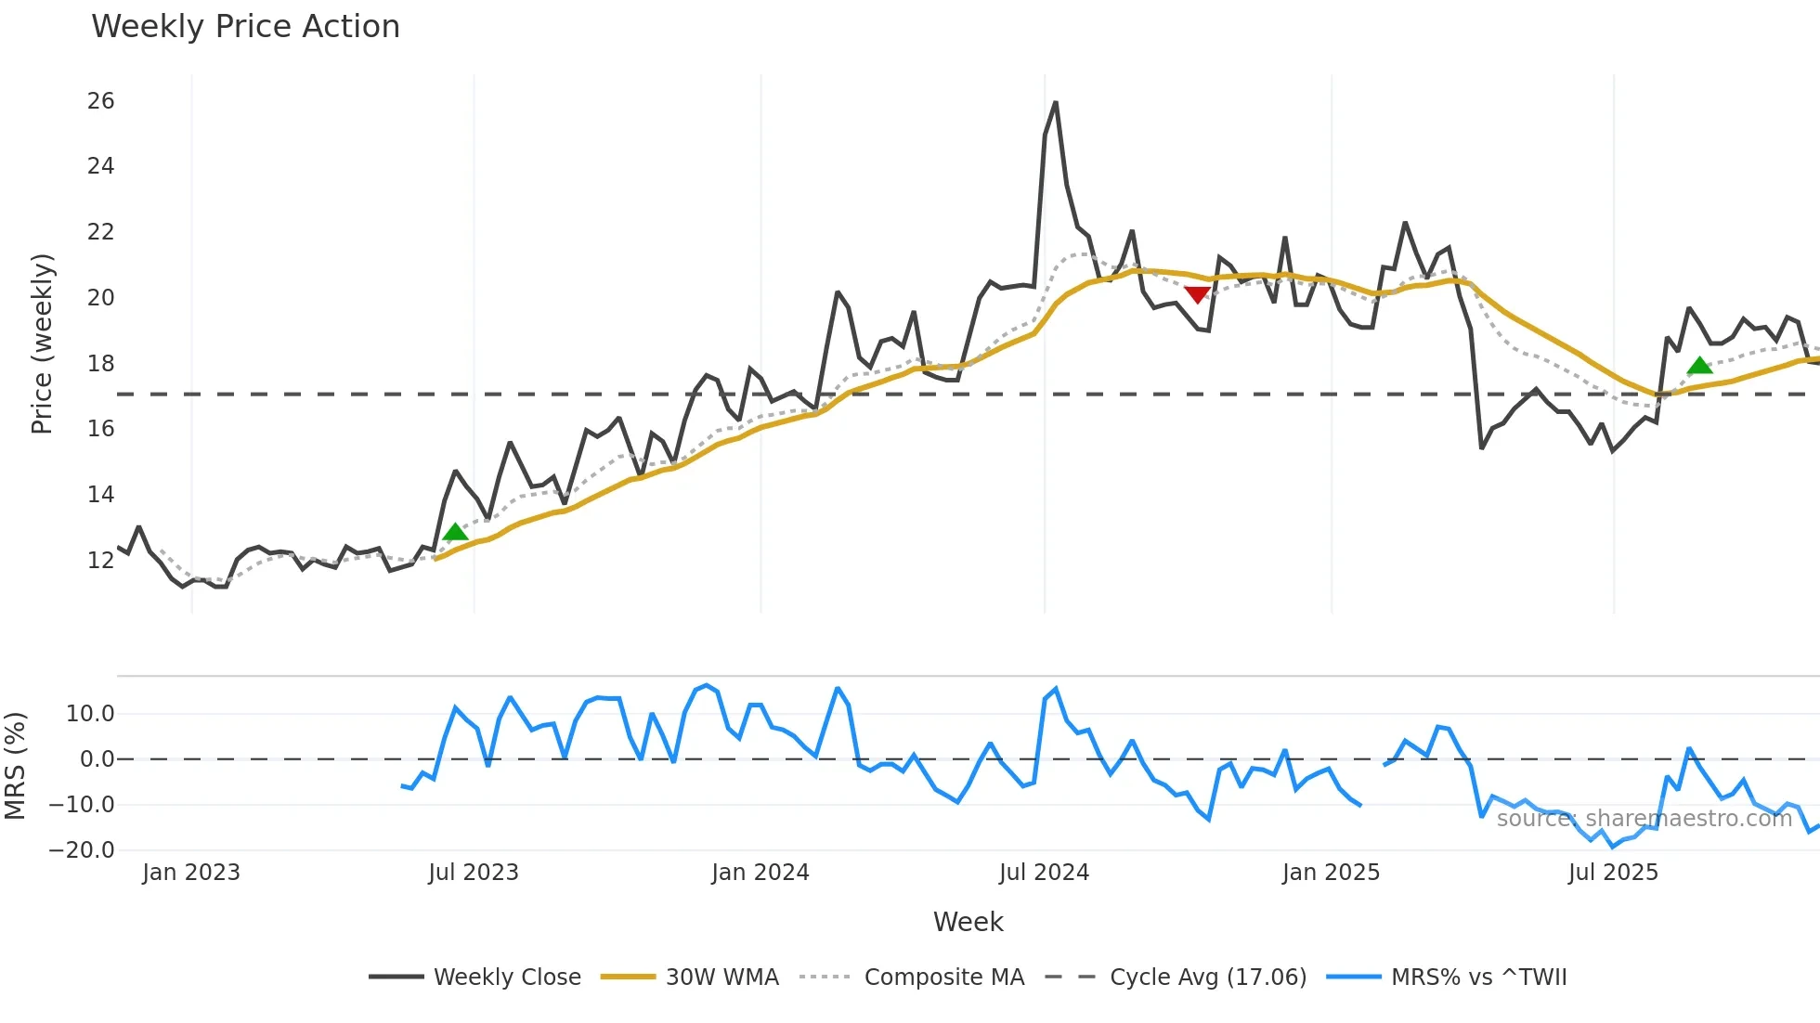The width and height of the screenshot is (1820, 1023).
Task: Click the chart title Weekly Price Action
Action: (245, 27)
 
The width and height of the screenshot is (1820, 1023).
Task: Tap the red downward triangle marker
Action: (1197, 294)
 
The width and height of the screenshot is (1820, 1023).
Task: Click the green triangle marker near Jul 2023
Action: (455, 532)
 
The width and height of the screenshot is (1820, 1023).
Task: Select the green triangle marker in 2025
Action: (1699, 366)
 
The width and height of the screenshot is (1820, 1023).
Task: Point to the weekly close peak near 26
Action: (1055, 103)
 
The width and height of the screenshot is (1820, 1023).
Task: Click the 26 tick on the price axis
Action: (100, 101)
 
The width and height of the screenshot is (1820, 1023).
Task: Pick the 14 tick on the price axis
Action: (100, 495)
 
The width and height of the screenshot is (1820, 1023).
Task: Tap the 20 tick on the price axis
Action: (100, 298)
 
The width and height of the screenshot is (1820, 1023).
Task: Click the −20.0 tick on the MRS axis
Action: (82, 850)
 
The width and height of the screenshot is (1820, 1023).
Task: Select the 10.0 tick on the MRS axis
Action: (89, 714)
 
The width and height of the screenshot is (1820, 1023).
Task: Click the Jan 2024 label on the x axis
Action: (760, 873)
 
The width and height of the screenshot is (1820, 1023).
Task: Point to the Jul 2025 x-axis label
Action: (1612, 873)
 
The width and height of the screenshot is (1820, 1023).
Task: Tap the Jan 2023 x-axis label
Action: (190, 873)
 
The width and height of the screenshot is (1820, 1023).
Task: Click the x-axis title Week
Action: (968, 922)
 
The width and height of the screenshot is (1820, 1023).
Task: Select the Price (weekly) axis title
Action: (42, 343)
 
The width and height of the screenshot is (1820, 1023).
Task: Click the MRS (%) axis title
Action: (15, 766)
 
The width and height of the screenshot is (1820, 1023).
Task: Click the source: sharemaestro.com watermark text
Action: (1644, 819)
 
